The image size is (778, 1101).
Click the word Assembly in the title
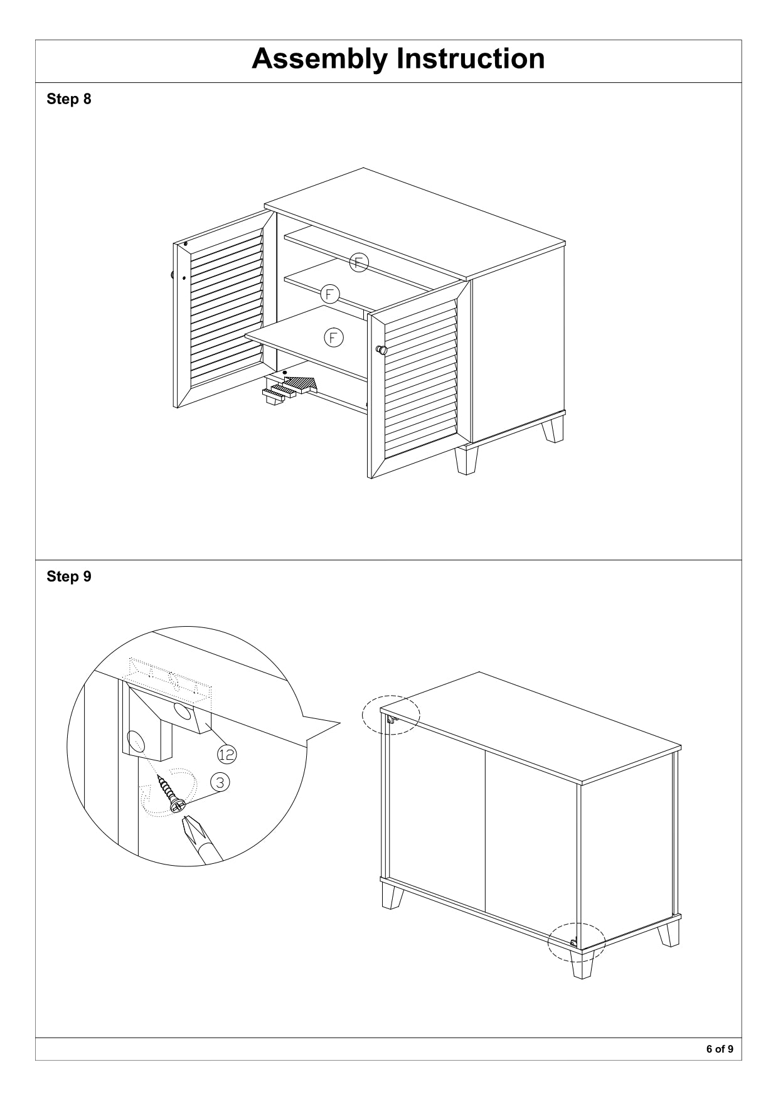pyautogui.click(x=319, y=60)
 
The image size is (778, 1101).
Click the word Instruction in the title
pyautogui.click(x=471, y=58)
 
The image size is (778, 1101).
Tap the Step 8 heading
pyautogui.click(x=69, y=99)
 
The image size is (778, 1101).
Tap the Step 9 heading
pyautogui.click(x=69, y=577)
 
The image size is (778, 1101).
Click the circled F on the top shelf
pyautogui.click(x=359, y=262)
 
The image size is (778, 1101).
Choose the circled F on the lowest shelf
pyautogui.click(x=333, y=338)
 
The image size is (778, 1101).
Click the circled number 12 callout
pyautogui.click(x=227, y=754)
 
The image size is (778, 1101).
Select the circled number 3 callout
pyautogui.click(x=220, y=782)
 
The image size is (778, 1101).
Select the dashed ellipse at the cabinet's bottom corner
pyautogui.click(x=577, y=943)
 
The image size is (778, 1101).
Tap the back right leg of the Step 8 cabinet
pyautogui.click(x=553, y=430)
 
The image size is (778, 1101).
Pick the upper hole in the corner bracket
pyautogui.click(x=184, y=712)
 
